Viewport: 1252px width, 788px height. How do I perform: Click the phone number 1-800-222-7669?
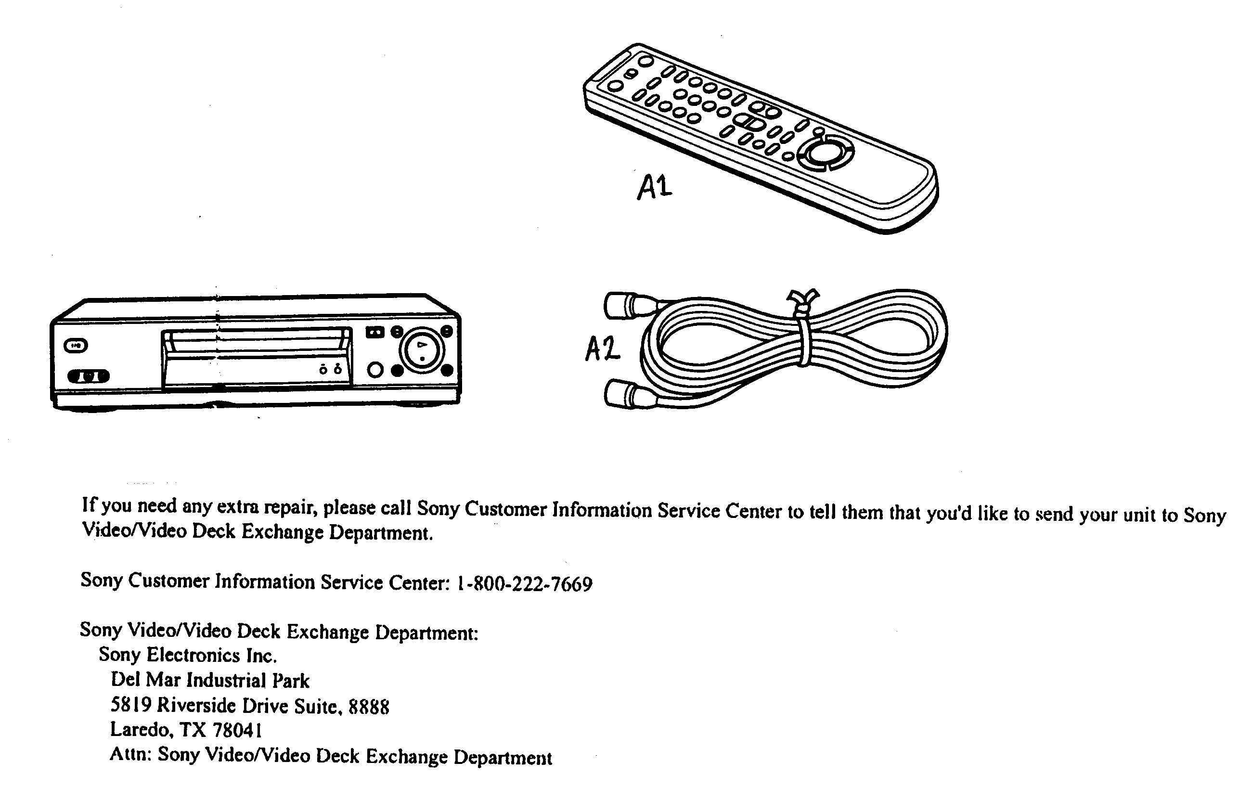pyautogui.click(x=525, y=584)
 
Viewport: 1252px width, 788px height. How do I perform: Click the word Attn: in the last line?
pyautogui.click(x=130, y=754)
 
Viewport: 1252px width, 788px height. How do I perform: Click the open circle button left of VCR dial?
pyautogui.click(x=375, y=370)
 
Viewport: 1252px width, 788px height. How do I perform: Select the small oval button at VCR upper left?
pyautogui.click(x=76, y=346)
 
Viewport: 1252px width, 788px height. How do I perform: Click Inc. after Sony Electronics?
pyautogui.click(x=261, y=656)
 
